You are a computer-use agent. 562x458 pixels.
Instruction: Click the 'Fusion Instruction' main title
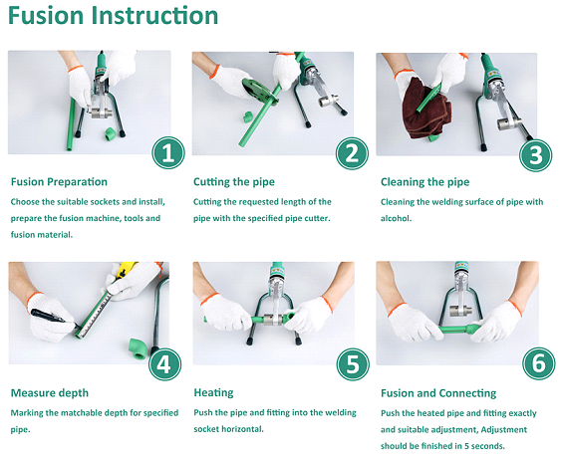coord(113,16)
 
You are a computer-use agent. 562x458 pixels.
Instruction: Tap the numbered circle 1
coord(168,153)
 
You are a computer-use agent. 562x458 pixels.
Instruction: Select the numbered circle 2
coord(352,153)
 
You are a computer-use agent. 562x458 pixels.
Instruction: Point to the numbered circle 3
coord(536,155)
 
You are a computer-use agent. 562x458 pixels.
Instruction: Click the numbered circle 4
coord(164,364)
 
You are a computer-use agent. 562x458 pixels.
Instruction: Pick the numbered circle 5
coord(353,364)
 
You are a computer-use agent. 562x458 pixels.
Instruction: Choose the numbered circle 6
coord(539,363)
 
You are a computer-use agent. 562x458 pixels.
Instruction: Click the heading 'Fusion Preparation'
coord(59,182)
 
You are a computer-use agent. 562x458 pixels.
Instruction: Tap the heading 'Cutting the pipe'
coord(234,182)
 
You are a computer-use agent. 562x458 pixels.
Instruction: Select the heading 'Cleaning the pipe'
coord(425,182)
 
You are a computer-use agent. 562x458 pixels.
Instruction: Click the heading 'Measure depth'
coord(50,393)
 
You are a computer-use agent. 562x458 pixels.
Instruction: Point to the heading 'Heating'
coord(213,393)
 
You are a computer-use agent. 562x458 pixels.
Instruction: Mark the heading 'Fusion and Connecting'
coord(438,393)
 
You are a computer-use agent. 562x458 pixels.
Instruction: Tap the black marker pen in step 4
coord(54,318)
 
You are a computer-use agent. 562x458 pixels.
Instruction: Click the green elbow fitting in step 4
coord(138,348)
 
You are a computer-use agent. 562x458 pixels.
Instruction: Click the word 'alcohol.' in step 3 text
coord(396,218)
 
